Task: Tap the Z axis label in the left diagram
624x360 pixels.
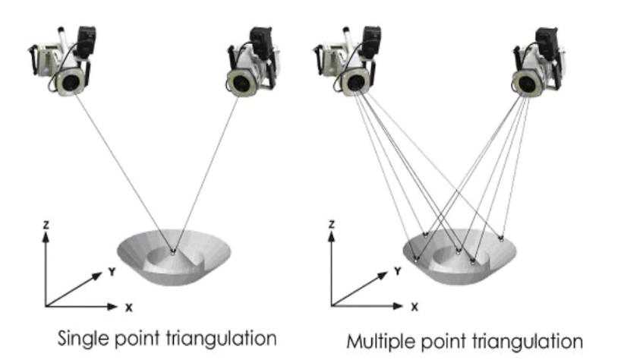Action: point(46,224)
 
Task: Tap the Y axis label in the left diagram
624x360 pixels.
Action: point(111,270)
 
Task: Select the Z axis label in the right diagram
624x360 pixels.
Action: point(332,225)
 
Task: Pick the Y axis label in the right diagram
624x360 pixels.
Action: point(396,270)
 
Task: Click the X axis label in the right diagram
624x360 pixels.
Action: point(414,308)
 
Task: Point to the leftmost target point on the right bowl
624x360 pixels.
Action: point(417,257)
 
